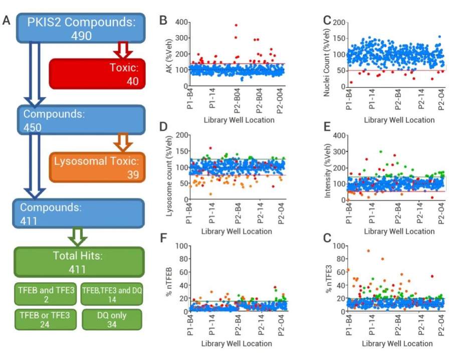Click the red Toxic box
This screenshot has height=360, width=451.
(97, 73)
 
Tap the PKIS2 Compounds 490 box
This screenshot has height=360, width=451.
(81, 28)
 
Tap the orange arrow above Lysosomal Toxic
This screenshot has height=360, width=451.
(122, 142)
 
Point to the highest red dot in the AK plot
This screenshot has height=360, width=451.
(236, 25)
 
